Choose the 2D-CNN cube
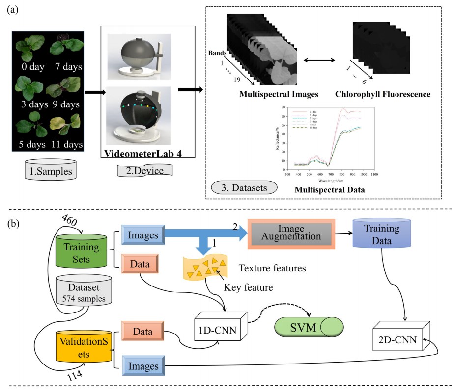coord(398,339)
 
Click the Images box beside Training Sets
coord(139,236)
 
